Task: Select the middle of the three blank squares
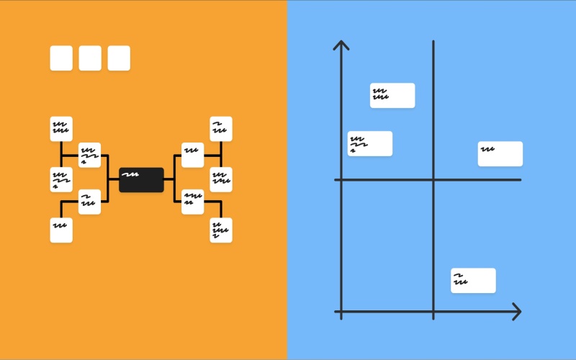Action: [90, 58]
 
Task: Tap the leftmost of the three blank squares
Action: [61, 58]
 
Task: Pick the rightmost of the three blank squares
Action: [119, 58]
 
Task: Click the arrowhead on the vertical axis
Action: [341, 46]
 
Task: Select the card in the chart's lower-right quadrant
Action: [473, 280]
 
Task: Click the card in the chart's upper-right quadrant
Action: [500, 153]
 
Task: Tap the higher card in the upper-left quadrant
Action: [392, 95]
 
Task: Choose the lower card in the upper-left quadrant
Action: [370, 143]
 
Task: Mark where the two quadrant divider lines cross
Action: [433, 179]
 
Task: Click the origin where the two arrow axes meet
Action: [341, 312]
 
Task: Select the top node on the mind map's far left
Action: [61, 129]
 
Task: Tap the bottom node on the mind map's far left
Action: [61, 230]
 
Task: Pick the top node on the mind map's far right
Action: [221, 129]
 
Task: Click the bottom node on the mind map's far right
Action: [221, 230]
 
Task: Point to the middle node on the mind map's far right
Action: [221, 179]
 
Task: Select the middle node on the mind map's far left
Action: [61, 179]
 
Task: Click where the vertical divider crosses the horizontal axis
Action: [433, 312]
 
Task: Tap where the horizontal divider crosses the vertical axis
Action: [341, 179]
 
